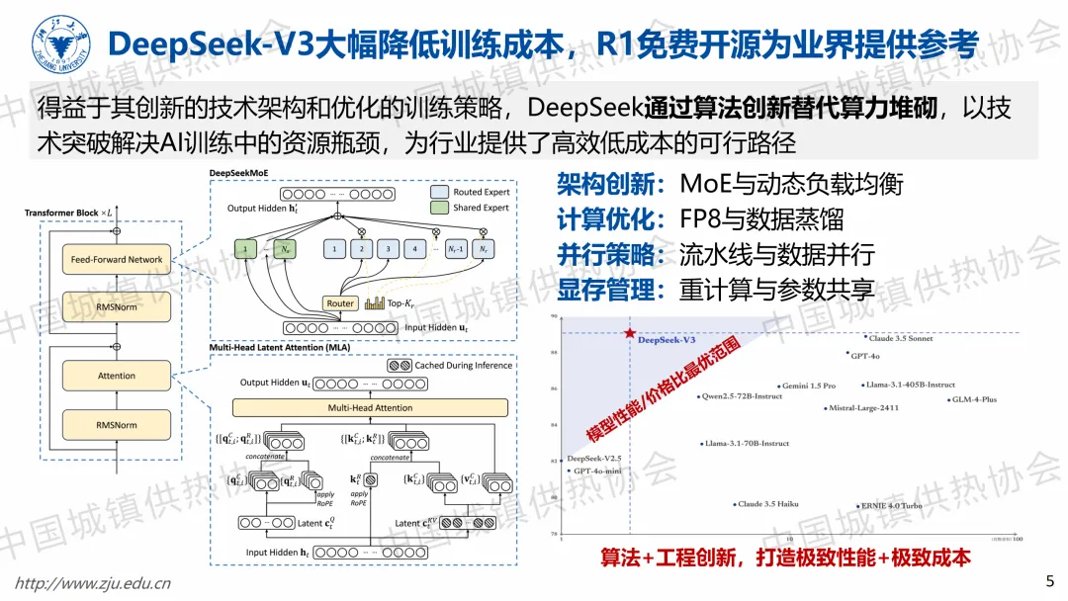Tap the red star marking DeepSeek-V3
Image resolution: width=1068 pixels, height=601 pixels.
[x=629, y=333]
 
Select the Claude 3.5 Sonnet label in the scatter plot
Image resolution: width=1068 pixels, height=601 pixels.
[x=901, y=338]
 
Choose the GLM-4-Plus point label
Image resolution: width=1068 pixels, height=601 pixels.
[x=974, y=400]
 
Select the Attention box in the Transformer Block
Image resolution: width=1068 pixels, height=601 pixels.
[x=117, y=376]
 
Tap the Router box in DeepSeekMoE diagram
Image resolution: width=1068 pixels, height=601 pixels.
[x=340, y=303]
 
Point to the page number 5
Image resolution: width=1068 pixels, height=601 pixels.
[x=1049, y=579]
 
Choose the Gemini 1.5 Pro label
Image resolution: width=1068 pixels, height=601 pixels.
[x=809, y=386]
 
